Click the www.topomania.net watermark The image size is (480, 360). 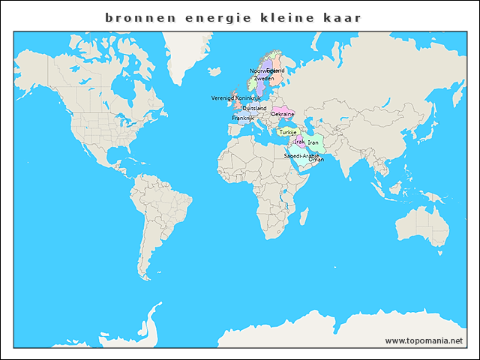point(424,340)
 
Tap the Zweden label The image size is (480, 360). point(264,78)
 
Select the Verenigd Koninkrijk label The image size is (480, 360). point(235,98)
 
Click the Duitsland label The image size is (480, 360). point(254,108)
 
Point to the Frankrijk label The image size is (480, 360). point(243,118)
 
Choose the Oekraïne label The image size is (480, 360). point(282,114)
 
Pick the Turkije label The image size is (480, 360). point(288,132)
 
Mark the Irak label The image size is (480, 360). point(299,141)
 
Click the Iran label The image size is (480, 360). point(313,142)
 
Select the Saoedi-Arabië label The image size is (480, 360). point(301,155)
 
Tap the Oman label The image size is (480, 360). point(316,160)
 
